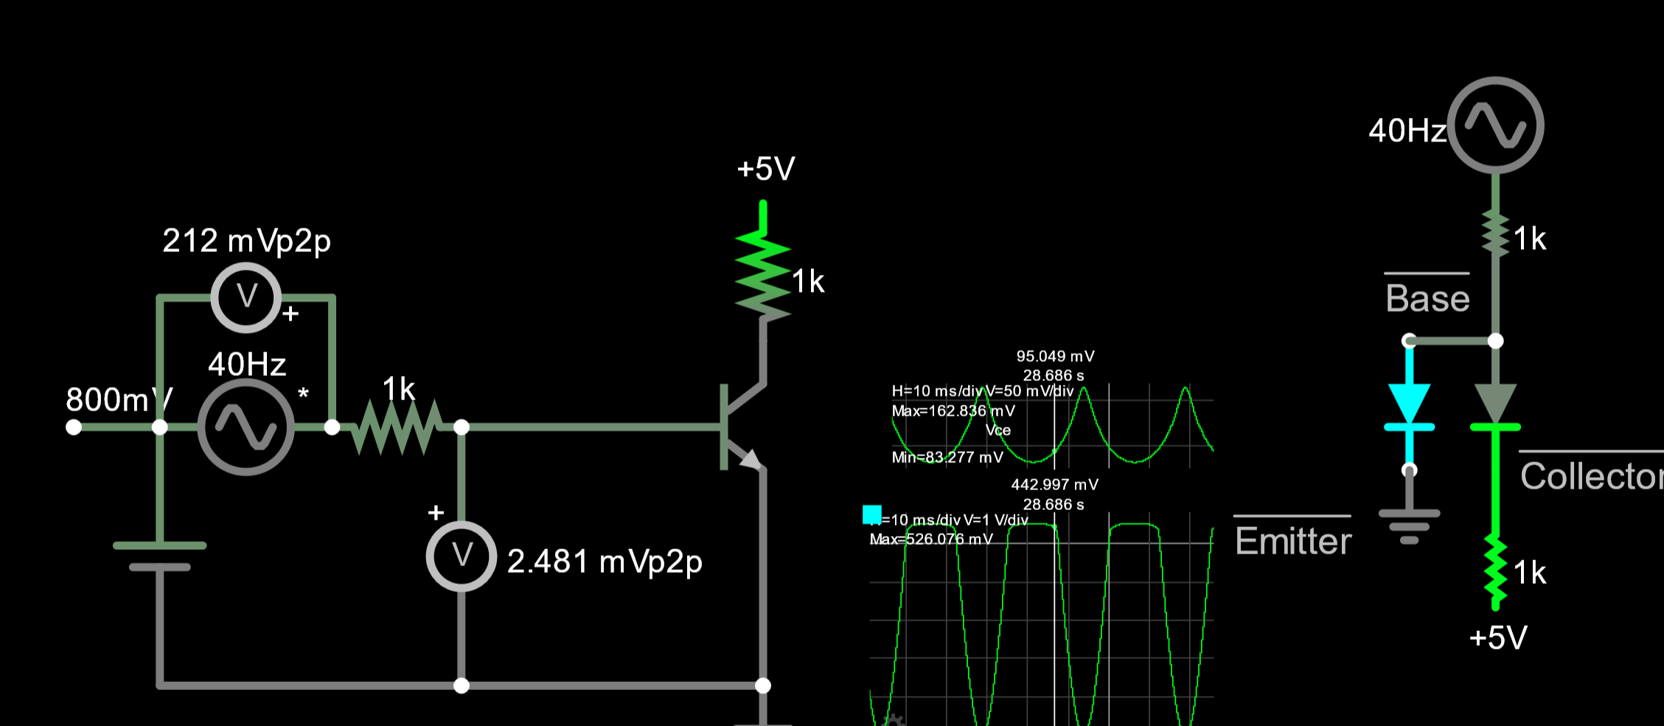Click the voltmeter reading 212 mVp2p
point(246,298)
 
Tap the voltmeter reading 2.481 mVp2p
point(462,556)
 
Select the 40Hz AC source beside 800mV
point(246,427)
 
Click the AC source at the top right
point(1495,125)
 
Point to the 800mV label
point(118,400)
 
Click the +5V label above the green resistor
point(766,170)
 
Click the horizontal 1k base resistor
point(398,427)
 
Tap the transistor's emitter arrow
point(750,459)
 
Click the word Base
point(1427,299)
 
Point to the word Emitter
point(1293,542)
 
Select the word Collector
point(1591,477)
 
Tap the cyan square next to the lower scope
point(872,514)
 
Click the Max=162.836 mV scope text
point(953,411)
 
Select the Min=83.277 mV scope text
point(947,458)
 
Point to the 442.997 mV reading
point(1054,485)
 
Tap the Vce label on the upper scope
point(998,430)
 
